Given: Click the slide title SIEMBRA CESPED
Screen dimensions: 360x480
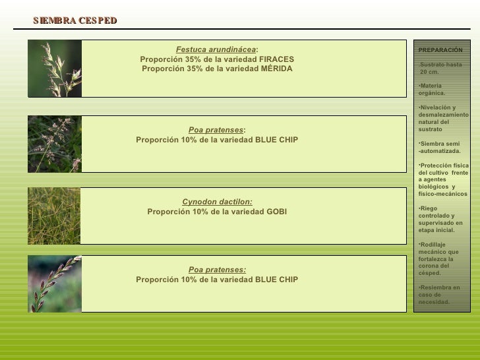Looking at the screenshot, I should [x=75, y=21].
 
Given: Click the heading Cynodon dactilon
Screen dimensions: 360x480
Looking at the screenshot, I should [x=217, y=202].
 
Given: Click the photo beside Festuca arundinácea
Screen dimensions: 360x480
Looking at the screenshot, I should [x=55, y=69].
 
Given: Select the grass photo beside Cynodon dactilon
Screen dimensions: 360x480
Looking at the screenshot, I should [x=55, y=216].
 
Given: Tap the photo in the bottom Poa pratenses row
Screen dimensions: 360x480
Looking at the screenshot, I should [x=55, y=284].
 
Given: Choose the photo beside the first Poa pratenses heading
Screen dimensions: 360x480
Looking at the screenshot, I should [x=55, y=144].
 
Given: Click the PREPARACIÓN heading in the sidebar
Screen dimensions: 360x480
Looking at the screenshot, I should [x=440, y=50].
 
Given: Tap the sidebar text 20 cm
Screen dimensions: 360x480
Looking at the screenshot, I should [x=429, y=72].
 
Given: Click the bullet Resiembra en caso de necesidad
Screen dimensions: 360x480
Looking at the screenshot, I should [x=439, y=295].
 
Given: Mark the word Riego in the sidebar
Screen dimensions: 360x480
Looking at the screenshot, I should [x=429, y=208].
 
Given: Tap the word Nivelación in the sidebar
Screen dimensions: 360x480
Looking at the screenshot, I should [x=435, y=107].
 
